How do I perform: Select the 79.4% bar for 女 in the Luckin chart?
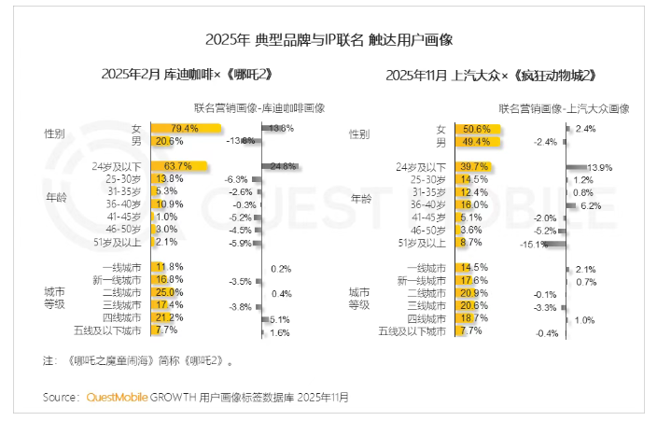coord(186,128)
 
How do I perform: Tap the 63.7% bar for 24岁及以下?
coord(179,166)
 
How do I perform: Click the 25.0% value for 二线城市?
coord(170,292)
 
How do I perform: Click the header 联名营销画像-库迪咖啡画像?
coord(259,107)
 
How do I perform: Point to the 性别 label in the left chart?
coord(55,134)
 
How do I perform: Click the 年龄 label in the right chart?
coord(360,199)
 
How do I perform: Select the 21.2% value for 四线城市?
coord(170,317)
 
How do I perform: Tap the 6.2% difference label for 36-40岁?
coord(591,205)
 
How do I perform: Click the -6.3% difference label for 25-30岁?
coord(236,179)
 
